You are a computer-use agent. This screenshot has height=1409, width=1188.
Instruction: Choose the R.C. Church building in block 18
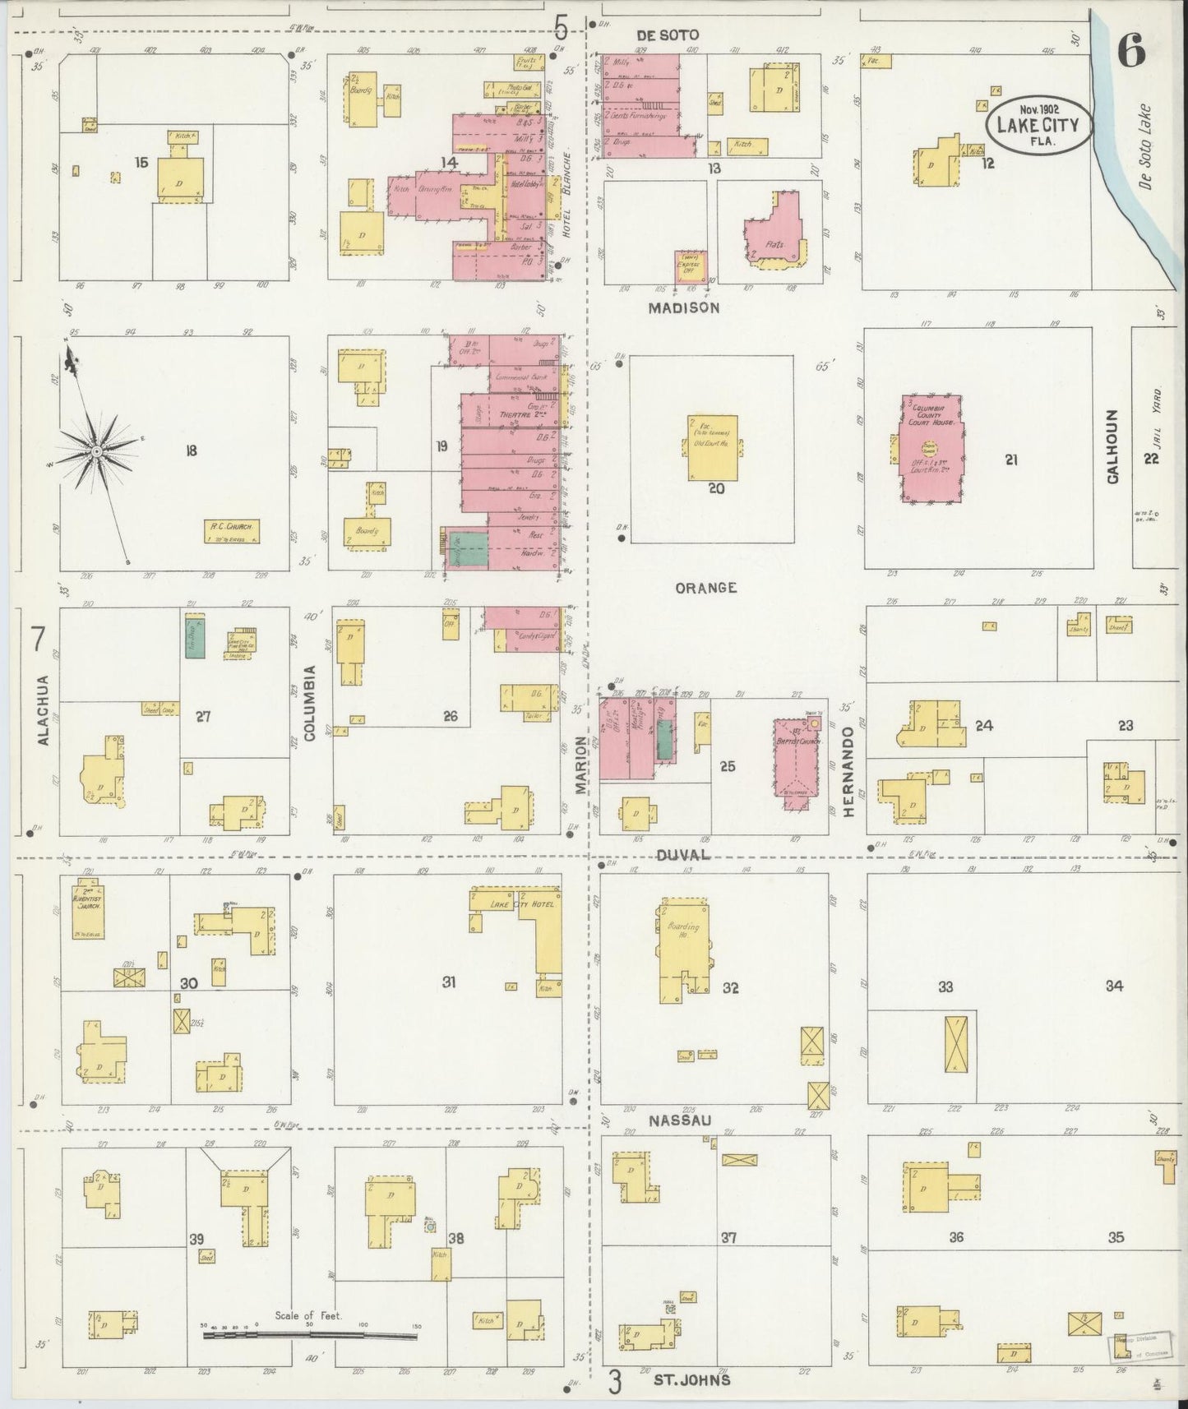(x=232, y=531)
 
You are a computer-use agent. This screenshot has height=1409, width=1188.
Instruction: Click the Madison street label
(x=683, y=307)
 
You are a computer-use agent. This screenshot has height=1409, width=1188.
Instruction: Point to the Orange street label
(x=705, y=588)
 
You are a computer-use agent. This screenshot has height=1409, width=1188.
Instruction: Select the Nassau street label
(x=679, y=1121)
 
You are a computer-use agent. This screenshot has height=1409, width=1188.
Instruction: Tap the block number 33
(x=945, y=986)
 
